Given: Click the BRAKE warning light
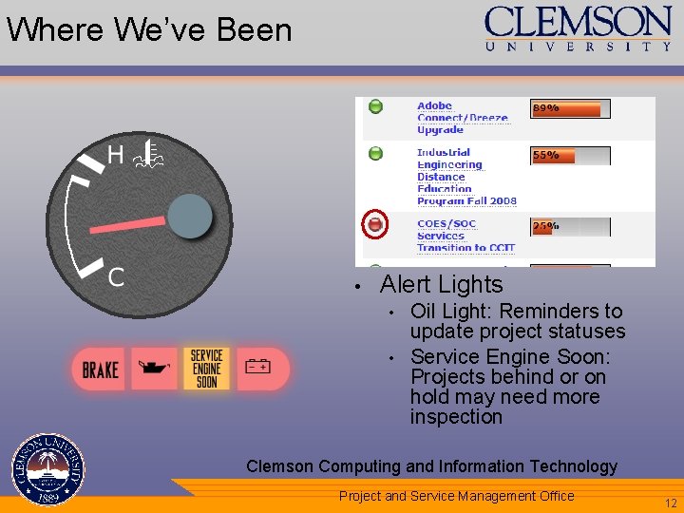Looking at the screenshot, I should (101, 369).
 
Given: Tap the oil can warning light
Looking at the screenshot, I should (153, 367).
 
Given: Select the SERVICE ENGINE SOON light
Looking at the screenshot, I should (206, 369).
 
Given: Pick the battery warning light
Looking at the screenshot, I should (258, 367).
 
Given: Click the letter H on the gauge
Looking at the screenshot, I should (115, 155).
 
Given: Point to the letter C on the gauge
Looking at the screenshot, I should (116, 277).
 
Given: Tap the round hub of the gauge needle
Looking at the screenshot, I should (190, 217).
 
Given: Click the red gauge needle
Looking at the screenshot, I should (128, 226).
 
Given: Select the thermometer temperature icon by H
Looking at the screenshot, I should (149, 152).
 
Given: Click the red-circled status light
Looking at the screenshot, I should (375, 224).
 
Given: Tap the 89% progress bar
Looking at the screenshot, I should (570, 108).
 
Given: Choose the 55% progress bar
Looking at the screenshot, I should (570, 155).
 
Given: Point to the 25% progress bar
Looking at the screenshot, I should (570, 226).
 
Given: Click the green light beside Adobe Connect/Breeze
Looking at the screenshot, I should (375, 106).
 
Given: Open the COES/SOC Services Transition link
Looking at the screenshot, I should (465, 236).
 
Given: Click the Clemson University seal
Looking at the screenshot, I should (47, 470).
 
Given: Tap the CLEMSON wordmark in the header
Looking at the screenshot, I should (578, 22).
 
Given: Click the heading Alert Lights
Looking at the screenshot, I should (441, 284).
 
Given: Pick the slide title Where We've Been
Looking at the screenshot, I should (149, 30).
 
